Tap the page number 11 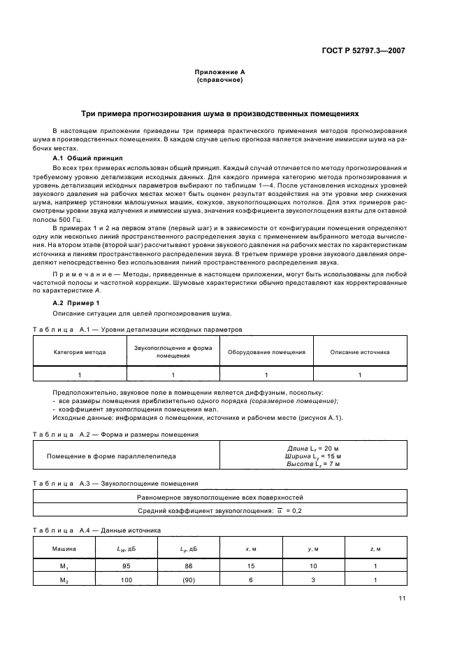coord(402,598)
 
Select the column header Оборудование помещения coord(266,353)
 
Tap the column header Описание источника coord(360,353)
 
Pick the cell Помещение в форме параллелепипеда coord(112,456)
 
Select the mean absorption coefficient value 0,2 coord(297,511)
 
